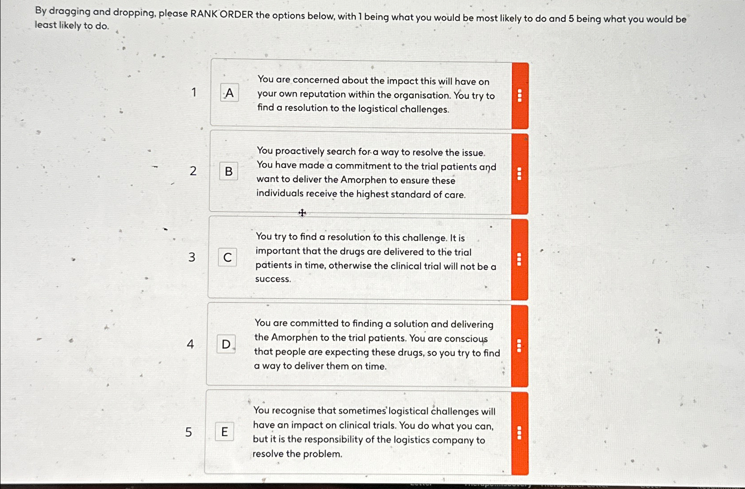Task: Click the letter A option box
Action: point(229,93)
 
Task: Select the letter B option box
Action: point(228,171)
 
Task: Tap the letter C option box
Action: point(227,257)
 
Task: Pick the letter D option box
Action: point(226,344)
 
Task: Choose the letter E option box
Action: point(224,432)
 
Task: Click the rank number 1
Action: point(194,92)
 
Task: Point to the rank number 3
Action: point(192,257)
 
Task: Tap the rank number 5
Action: point(189,432)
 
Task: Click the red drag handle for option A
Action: point(519,96)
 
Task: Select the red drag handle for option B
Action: point(519,174)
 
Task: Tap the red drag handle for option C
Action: point(519,259)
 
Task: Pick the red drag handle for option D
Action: point(519,346)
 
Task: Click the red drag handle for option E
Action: point(519,433)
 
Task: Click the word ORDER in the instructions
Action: point(236,14)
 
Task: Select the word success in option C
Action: point(272,279)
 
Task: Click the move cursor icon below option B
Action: point(302,213)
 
